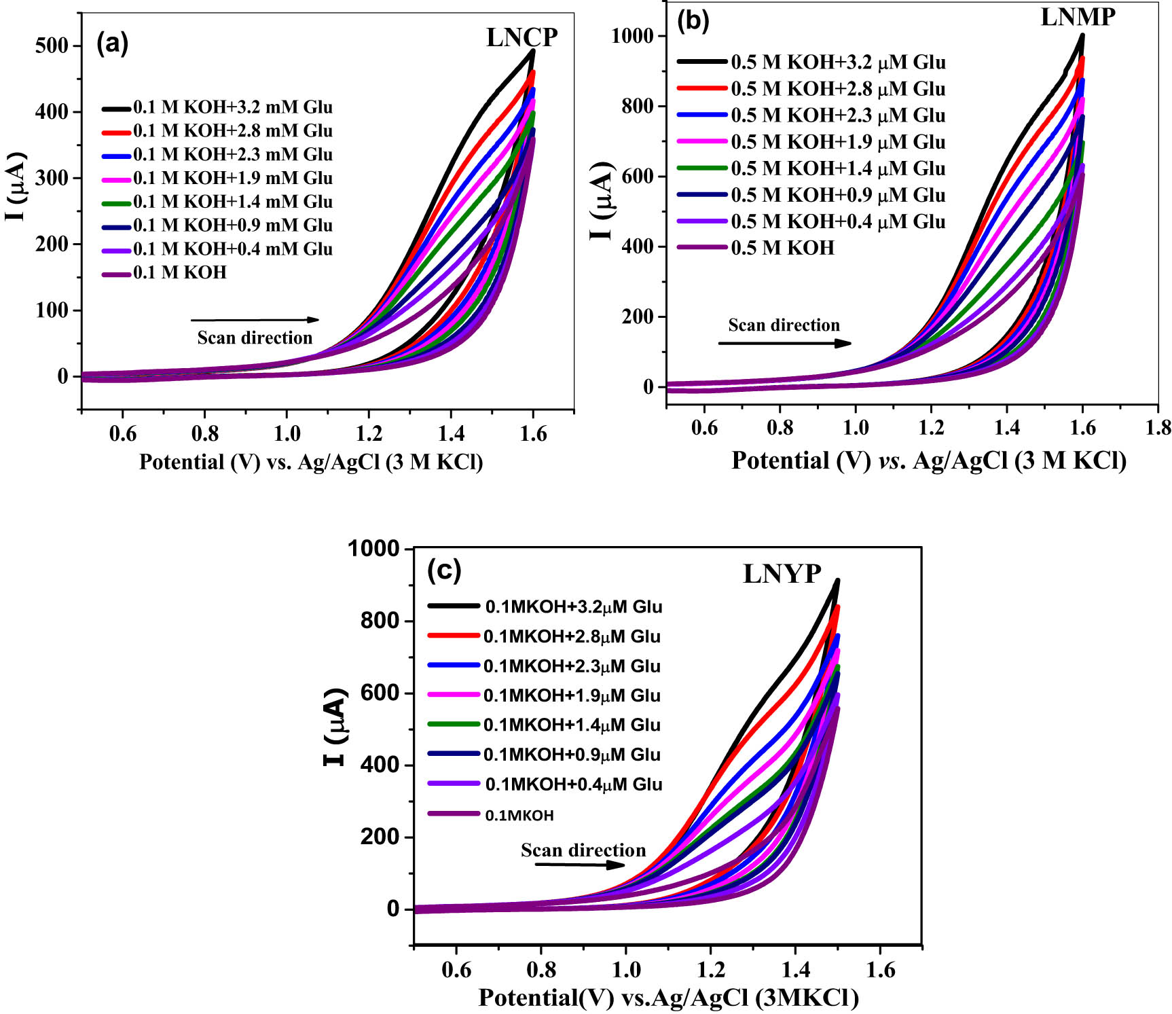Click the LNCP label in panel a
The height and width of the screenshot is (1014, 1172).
(x=521, y=37)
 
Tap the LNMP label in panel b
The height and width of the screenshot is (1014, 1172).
(x=1078, y=17)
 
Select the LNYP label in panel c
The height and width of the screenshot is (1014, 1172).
(x=782, y=574)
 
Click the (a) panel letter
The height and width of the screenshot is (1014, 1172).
(x=112, y=43)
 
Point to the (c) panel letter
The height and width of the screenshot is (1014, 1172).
(x=444, y=570)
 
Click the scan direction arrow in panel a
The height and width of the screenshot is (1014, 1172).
(x=255, y=320)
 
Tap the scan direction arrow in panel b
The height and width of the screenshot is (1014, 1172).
(x=784, y=343)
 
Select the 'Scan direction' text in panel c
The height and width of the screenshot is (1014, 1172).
(x=583, y=850)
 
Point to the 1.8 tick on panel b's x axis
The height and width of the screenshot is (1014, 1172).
(x=1158, y=427)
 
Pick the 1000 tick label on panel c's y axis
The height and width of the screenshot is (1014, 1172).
(x=373, y=549)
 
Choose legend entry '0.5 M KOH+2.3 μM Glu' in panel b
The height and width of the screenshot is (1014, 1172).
(x=838, y=115)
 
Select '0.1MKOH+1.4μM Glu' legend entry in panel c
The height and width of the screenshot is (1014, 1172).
(x=572, y=725)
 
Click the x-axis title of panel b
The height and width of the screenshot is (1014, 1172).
(x=928, y=460)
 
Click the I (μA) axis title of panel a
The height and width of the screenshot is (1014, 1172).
(x=16, y=187)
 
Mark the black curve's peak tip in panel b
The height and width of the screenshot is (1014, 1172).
(x=1082, y=35)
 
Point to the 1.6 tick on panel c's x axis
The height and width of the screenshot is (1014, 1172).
(x=880, y=969)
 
